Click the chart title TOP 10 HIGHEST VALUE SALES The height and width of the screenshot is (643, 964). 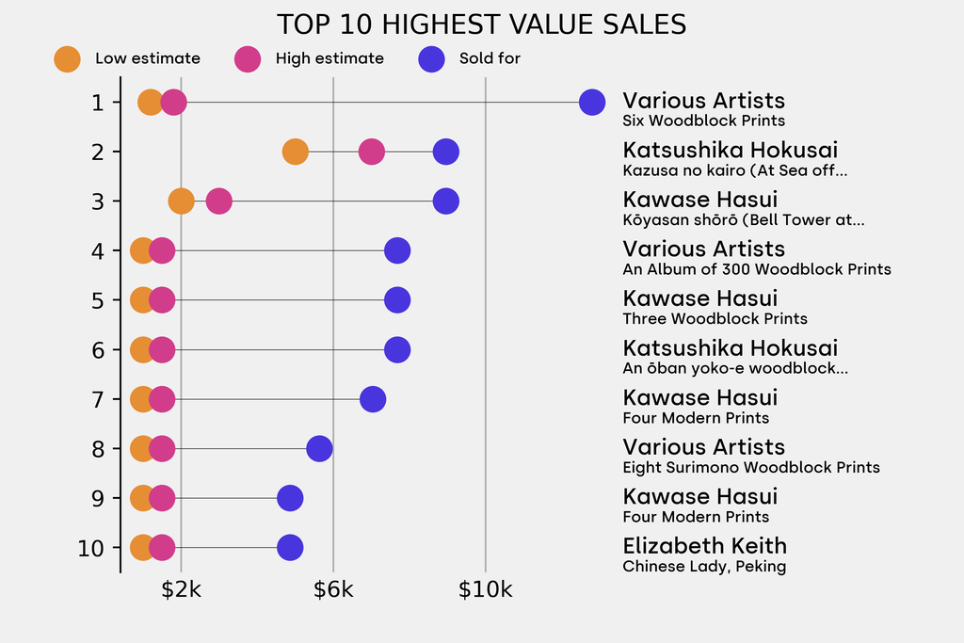pos(481,24)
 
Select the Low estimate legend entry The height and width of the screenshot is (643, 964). pos(127,58)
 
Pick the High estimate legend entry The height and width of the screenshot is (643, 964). pos(309,58)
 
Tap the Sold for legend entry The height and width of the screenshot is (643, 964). pos(469,58)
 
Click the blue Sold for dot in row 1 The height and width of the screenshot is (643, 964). pos(591,102)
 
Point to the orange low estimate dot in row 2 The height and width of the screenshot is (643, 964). pos(296,152)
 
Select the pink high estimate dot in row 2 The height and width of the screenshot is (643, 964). pos(372,152)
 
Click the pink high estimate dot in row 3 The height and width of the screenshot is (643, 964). pos(218,201)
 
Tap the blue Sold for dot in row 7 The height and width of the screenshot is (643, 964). pos(373,399)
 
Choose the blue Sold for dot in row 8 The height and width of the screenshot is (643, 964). pos(320,448)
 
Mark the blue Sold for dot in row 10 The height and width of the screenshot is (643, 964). pos(290,547)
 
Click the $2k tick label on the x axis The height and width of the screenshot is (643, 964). pos(181,590)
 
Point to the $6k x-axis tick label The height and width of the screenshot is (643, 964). pos(333,590)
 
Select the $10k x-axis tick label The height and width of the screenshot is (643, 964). pos(485,590)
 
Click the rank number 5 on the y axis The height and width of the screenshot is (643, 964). pos(98,300)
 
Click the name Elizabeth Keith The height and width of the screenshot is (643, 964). pos(704,546)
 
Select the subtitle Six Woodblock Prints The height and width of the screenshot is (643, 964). pos(703,121)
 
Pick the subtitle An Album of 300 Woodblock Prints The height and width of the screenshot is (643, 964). pos(756,269)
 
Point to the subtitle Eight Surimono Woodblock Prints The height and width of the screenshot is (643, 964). pos(751,467)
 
